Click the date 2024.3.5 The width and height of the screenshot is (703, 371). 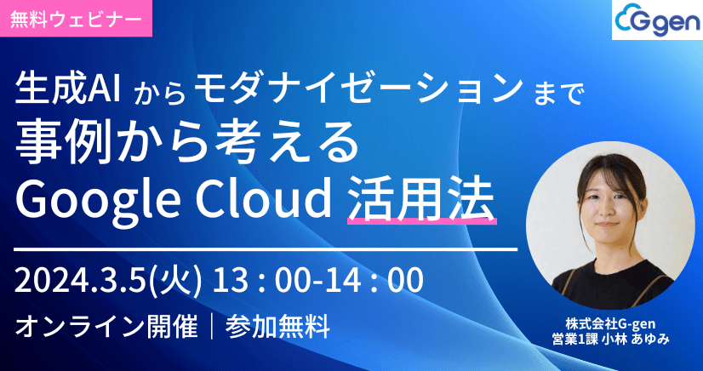coord(80,280)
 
